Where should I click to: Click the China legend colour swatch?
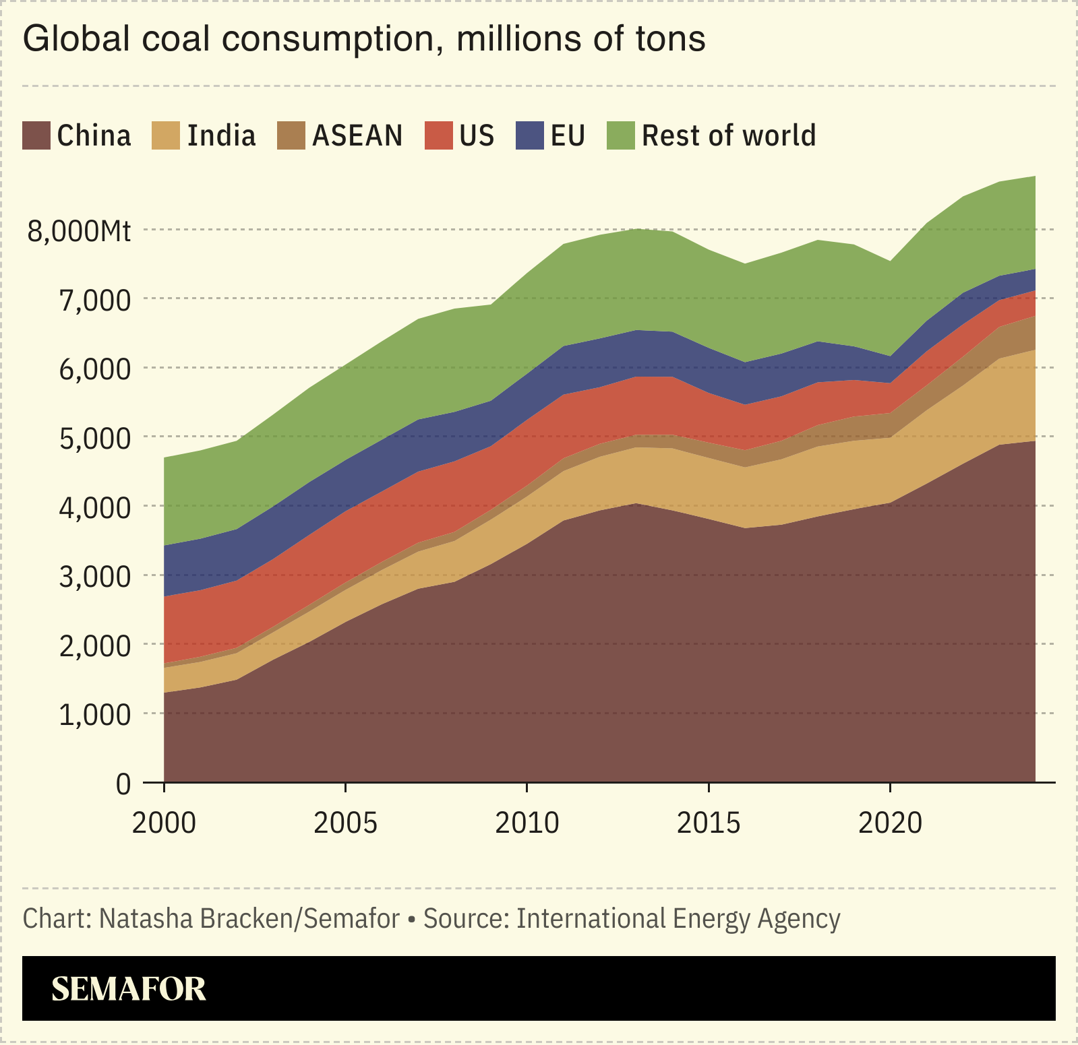pos(36,135)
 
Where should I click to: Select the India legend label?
pos(221,135)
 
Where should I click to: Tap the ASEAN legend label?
pos(357,135)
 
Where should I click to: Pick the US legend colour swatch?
pos(438,135)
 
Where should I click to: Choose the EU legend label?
pos(568,135)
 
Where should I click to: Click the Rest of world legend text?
pos(728,135)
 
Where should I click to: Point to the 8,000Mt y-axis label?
pos(79,231)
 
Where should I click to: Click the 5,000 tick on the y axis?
pos(94,439)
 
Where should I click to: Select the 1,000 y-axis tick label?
pos(94,715)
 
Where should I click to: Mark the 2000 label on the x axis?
pos(164,823)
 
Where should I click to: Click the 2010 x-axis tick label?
pos(527,823)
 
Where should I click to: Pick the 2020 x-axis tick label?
pos(890,823)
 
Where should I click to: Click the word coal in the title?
pos(178,39)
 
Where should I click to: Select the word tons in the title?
pos(670,39)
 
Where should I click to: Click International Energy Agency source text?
pos(678,919)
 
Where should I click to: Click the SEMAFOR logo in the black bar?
pos(128,988)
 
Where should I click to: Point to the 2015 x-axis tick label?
pos(709,823)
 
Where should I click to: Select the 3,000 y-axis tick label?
pos(94,577)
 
